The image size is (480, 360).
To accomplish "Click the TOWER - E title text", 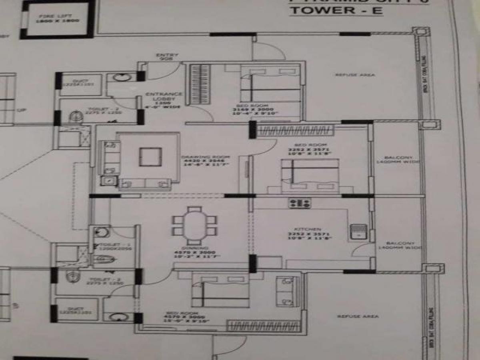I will tap(336, 10).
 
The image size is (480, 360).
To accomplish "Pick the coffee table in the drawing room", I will tap(150, 156).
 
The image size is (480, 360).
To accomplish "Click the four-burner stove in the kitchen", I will tap(300, 203).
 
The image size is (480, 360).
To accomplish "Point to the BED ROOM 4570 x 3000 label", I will tap(182, 316).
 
